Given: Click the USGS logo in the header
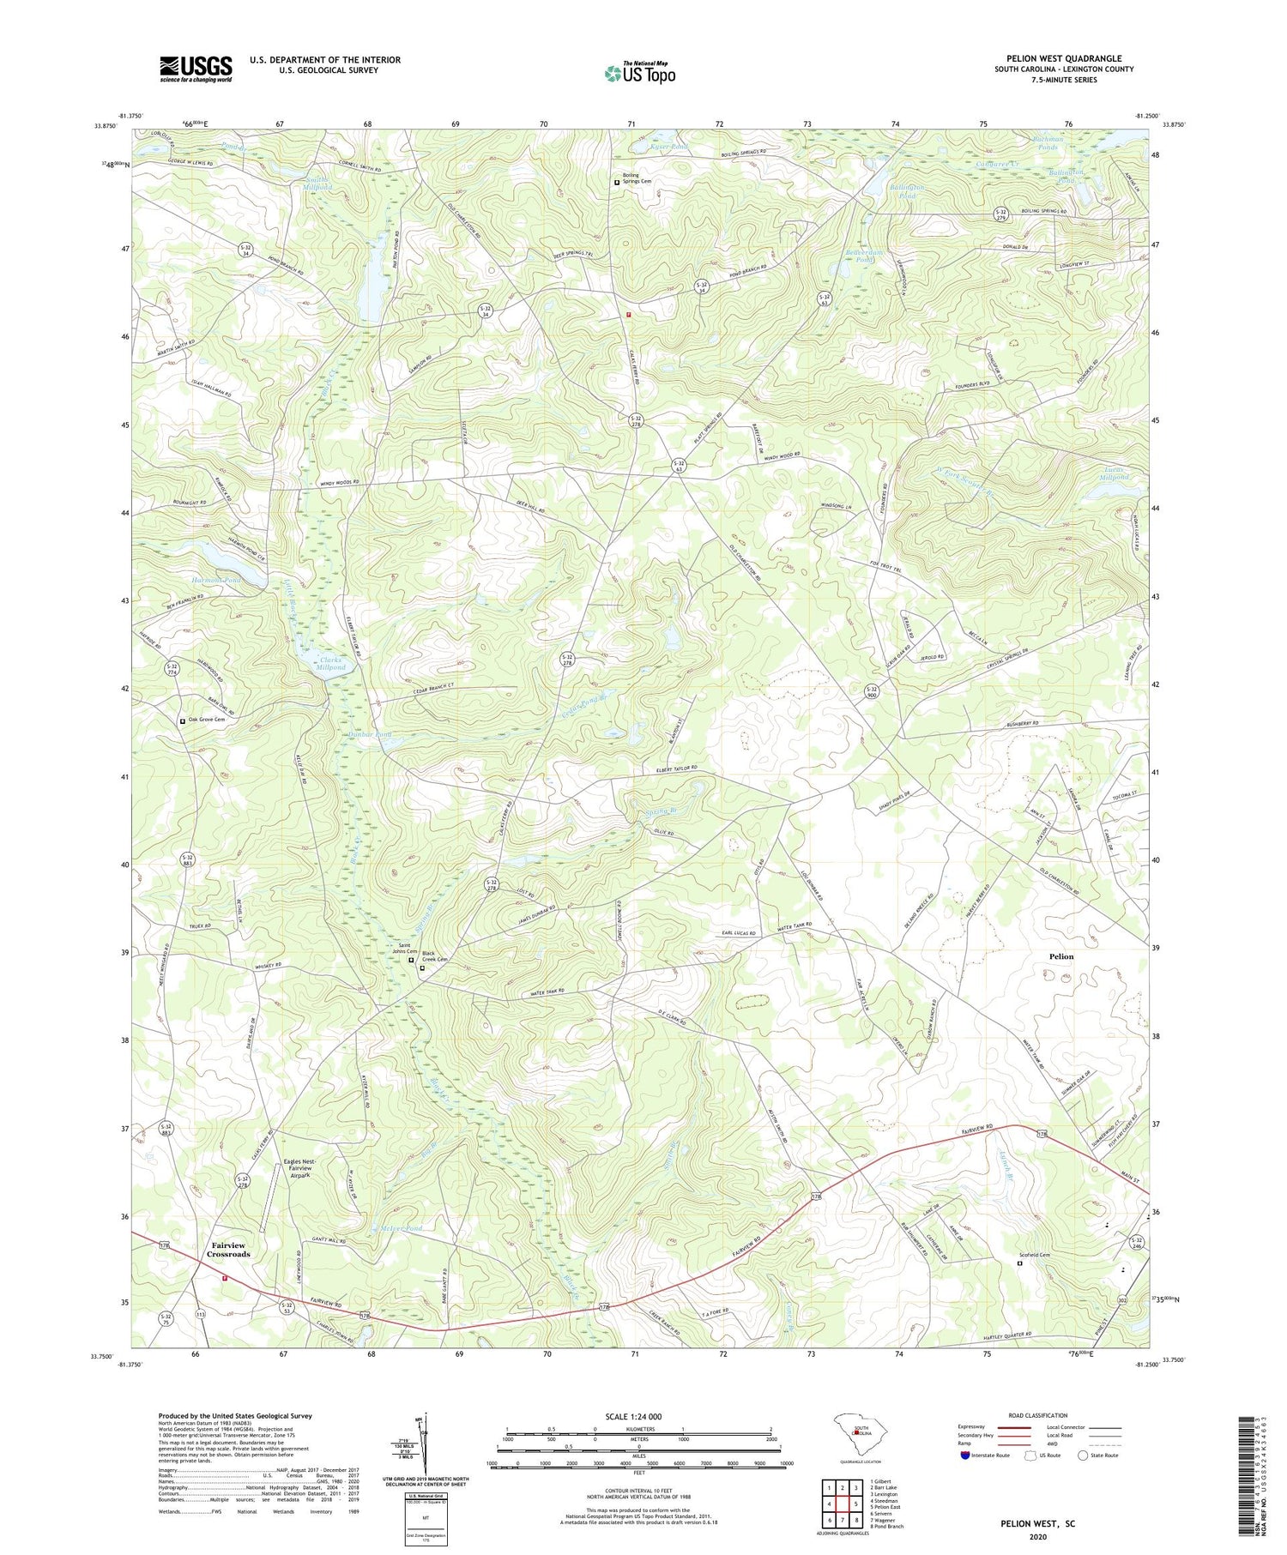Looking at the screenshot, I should pyautogui.click(x=196, y=69).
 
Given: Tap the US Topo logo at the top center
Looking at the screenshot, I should pyautogui.click(x=639, y=73).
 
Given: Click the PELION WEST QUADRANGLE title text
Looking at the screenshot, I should pyautogui.click(x=1063, y=59).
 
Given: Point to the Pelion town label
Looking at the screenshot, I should pyautogui.click(x=1060, y=956).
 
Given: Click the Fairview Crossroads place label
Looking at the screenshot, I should pyautogui.click(x=228, y=1250).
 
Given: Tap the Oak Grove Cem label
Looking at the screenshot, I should pyautogui.click(x=206, y=720).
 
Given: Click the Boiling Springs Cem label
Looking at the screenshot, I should pyautogui.click(x=637, y=178).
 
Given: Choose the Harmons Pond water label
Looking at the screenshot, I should pyautogui.click(x=215, y=581).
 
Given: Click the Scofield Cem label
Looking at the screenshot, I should pyautogui.click(x=1040, y=1255).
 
